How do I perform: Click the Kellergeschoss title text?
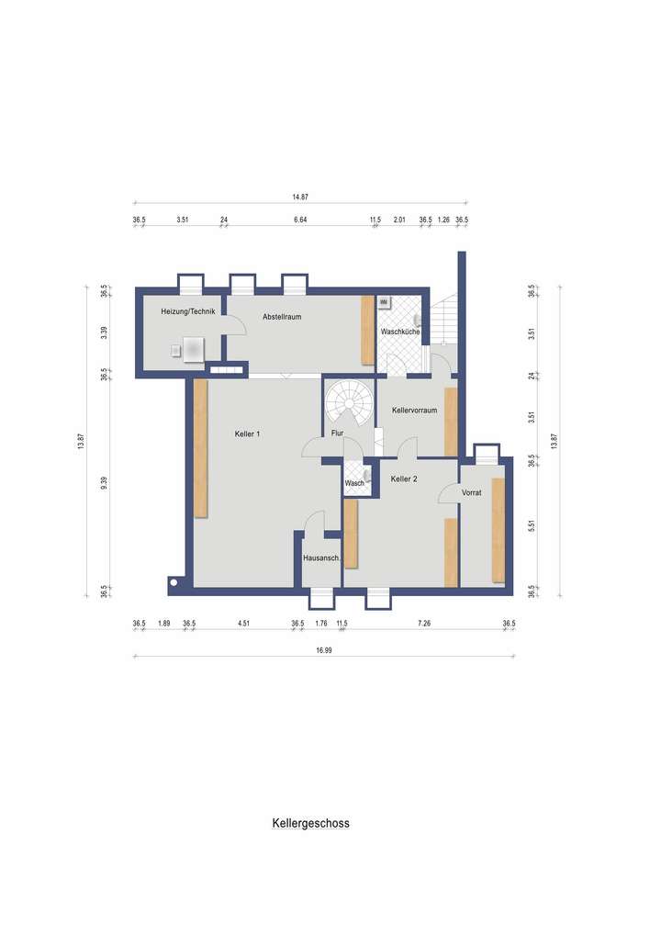tap(310, 824)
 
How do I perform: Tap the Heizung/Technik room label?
tap(187, 312)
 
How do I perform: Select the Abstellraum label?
tap(282, 317)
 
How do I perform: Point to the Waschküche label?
tap(400, 331)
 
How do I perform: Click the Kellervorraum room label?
tap(413, 410)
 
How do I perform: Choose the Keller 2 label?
tap(405, 479)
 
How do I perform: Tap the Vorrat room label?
tap(472, 492)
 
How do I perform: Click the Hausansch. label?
tap(321, 558)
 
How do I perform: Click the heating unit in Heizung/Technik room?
tap(193, 349)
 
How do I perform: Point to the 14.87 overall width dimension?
tap(299, 197)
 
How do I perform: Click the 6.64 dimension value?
tap(299, 220)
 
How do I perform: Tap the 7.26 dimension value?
tap(423, 625)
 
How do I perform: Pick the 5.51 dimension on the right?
tap(532, 527)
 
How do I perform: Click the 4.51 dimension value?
tap(243, 625)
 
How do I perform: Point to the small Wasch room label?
tap(354, 483)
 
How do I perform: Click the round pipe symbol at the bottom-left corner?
tap(174, 581)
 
